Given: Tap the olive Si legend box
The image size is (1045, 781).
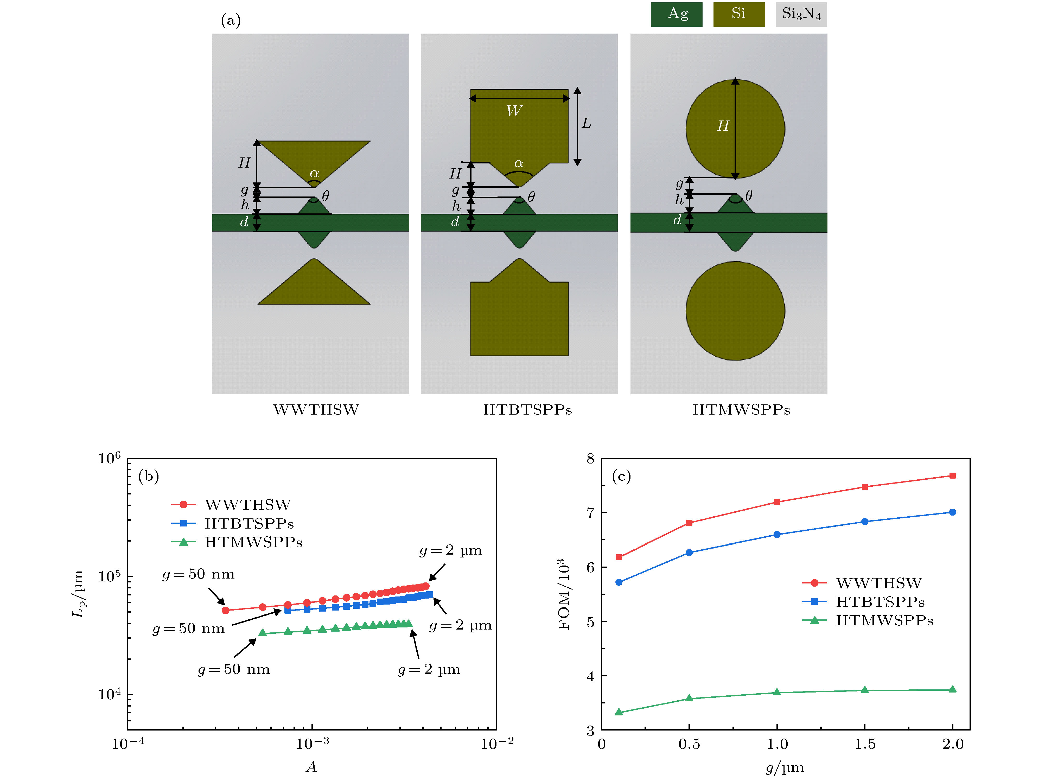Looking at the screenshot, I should tap(738, 14).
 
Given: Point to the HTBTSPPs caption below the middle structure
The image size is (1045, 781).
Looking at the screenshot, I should tap(527, 410).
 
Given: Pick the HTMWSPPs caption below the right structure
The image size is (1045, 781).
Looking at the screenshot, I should tap(741, 410).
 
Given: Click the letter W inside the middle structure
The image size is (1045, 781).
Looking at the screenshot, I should tap(514, 111).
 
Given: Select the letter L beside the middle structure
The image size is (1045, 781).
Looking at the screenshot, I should tap(586, 123).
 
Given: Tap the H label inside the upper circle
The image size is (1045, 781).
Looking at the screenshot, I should tap(723, 126).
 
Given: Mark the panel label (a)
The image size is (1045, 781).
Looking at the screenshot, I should tap(231, 20).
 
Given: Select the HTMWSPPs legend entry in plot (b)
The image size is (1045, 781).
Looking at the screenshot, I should tap(253, 542).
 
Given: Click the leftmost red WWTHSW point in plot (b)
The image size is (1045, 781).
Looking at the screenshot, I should tap(225, 611).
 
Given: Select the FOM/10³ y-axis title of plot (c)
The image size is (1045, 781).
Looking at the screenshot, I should tap(565, 594).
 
